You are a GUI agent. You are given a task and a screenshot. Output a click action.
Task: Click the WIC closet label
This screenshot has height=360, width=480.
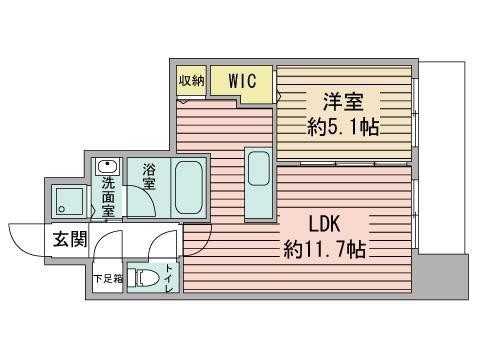242,81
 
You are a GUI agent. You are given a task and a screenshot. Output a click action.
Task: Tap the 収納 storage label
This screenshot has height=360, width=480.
191,80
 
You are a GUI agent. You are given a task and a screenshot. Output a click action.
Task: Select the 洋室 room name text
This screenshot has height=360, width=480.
343,102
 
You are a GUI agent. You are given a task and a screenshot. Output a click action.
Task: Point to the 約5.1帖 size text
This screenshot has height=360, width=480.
343,127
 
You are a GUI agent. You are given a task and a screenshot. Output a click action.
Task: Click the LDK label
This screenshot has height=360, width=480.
324,224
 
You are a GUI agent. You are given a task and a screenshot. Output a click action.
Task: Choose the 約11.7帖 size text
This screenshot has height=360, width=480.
325,249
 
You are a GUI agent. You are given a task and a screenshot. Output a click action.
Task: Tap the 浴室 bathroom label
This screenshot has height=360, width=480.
149,177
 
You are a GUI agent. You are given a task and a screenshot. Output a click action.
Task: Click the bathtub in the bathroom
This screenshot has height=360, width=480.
189,188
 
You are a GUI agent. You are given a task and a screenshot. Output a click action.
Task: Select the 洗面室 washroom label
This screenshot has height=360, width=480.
108,197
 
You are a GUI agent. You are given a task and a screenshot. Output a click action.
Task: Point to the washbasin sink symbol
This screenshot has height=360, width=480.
107,166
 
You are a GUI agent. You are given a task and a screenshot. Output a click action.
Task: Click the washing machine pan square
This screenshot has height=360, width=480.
69,201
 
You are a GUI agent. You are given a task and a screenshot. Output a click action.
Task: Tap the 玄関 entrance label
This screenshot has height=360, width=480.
70,239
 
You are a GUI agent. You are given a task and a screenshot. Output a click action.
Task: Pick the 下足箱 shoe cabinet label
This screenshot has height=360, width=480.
108,278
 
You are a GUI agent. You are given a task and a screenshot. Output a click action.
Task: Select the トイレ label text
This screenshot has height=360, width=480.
169,278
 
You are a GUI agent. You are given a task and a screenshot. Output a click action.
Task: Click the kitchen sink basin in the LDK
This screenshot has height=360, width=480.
258,168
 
